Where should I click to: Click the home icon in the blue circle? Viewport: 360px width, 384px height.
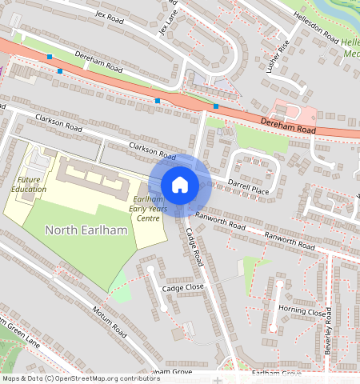(x=180, y=185)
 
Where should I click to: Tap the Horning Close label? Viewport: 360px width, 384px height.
(x=302, y=311)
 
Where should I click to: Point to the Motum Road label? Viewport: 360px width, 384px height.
(x=109, y=321)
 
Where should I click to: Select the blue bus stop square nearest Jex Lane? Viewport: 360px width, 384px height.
(x=158, y=101)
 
